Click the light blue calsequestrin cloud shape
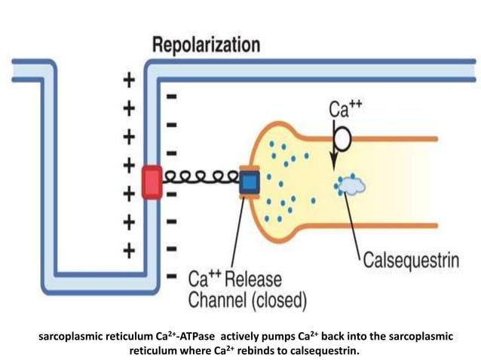(351, 184)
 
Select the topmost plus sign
(130, 79)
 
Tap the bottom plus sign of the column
(130, 249)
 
